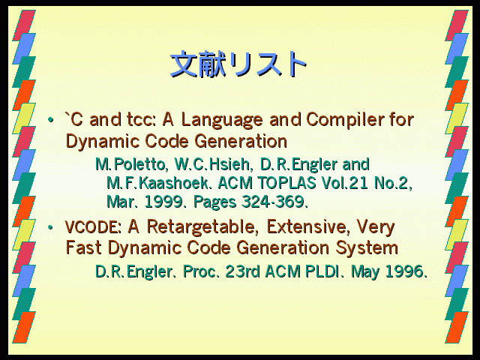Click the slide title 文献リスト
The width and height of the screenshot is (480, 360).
pyautogui.click(x=238, y=64)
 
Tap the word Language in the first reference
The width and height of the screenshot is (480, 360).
pyautogui.click(x=222, y=121)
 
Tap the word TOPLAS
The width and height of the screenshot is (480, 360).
pyautogui.click(x=286, y=183)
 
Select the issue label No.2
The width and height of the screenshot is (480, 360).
pyautogui.click(x=393, y=183)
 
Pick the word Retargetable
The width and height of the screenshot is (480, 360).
pyautogui.click(x=201, y=228)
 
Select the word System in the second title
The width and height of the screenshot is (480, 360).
pyautogui.click(x=367, y=248)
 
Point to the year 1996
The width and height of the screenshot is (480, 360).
pyautogui.click(x=406, y=271)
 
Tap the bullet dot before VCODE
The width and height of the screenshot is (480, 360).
pyautogui.click(x=50, y=227)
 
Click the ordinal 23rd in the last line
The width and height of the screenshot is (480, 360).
pyautogui.click(x=242, y=271)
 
